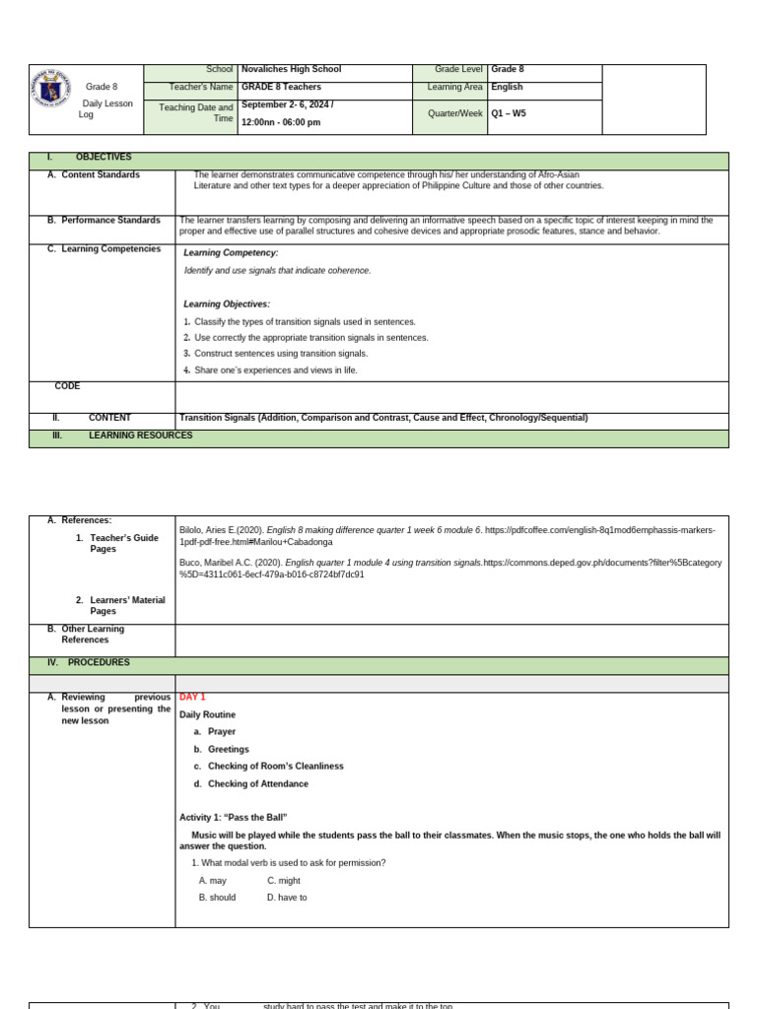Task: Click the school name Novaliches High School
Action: click(291, 70)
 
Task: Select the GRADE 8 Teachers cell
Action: click(281, 88)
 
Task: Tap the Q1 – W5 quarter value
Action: click(509, 114)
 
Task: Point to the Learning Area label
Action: click(454, 88)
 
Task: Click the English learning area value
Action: click(507, 88)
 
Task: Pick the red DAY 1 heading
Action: click(192, 698)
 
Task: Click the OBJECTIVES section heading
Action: click(103, 158)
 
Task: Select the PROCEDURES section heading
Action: click(99, 663)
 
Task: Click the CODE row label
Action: click(67, 386)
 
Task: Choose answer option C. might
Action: click(284, 881)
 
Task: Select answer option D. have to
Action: click(287, 899)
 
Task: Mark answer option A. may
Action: click(213, 881)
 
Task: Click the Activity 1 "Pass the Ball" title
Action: click(233, 818)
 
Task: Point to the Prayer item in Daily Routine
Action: click(221, 732)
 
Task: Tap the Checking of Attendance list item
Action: click(257, 784)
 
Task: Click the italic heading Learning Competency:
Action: click(231, 253)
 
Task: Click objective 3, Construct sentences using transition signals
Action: click(280, 354)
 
